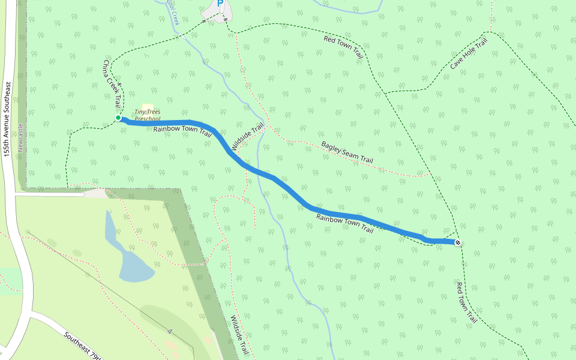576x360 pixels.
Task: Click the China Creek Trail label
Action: pyautogui.click(x=112, y=83)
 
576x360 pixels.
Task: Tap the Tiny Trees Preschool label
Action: pyautogui.click(x=148, y=115)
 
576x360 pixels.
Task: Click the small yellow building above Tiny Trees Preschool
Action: pyautogui.click(x=147, y=107)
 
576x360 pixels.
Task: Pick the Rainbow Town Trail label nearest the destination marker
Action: pyautogui.click(x=344, y=224)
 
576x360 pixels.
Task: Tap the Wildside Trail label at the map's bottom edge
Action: pyautogui.click(x=238, y=336)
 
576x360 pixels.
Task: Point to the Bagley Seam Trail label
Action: pyautogui.click(x=347, y=152)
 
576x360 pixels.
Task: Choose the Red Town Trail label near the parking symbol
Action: pyautogui.click(x=344, y=47)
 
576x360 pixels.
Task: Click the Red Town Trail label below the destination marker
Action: pyautogui.click(x=467, y=302)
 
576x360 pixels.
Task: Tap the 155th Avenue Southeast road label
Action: pyautogui.click(x=7, y=120)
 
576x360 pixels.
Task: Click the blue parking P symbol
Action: pyautogui.click(x=220, y=4)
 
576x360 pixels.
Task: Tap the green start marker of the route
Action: pyautogui.click(x=118, y=118)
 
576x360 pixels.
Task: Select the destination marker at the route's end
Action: pyautogui.click(x=458, y=242)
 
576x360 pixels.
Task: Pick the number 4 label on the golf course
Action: pyautogui.click(x=170, y=331)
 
